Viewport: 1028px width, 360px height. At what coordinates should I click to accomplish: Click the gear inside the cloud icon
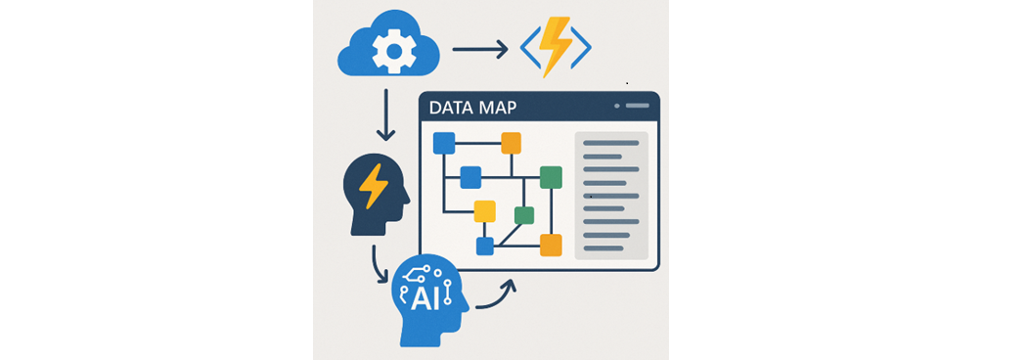point(392,46)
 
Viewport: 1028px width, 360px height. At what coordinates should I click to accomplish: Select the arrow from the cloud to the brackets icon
point(479,48)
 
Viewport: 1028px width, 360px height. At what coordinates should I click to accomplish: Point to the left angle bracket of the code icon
point(529,47)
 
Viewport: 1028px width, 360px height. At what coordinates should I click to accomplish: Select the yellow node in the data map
point(484,211)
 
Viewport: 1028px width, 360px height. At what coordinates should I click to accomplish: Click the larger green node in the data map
point(551,177)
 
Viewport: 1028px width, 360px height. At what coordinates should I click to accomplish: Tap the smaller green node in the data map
point(524,215)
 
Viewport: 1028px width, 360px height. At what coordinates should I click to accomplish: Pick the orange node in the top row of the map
point(511,144)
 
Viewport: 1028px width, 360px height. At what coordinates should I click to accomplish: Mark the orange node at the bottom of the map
point(551,246)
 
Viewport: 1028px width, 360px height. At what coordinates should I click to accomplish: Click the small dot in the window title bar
point(616,105)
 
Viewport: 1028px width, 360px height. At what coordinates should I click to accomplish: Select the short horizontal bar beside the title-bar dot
point(637,105)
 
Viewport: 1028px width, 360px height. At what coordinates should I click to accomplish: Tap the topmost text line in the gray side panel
point(610,143)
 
